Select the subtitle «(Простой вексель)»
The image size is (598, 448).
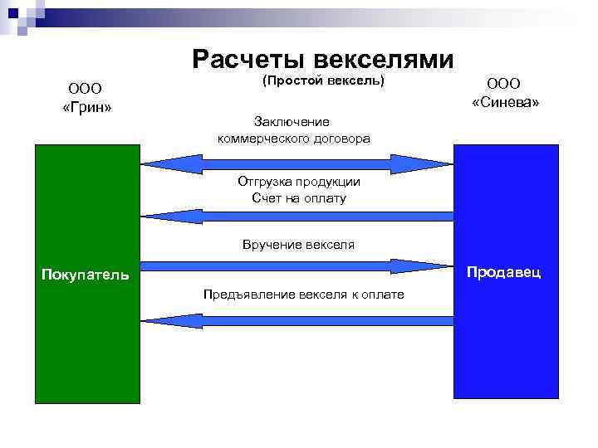[323, 81]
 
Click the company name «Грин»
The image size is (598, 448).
[87, 108]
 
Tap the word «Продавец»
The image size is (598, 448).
[504, 271]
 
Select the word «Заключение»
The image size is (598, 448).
[292, 122]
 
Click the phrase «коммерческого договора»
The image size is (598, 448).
[294, 138]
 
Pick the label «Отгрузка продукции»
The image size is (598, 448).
[298, 182]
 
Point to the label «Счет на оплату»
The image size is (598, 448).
[298, 198]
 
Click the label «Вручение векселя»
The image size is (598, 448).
[298, 245]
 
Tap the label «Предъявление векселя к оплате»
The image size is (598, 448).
[303, 295]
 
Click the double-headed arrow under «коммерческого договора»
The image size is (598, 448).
[297, 163]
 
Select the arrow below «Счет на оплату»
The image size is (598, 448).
[297, 216]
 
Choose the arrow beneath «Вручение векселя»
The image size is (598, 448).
[297, 266]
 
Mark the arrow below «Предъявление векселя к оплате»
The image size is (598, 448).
[297, 321]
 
